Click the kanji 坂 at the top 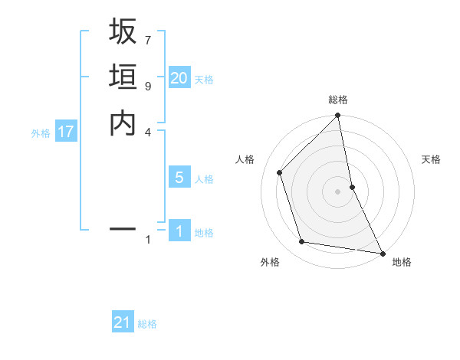coord(123,32)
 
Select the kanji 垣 coord(123,77)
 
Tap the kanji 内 coord(123,123)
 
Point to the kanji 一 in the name coord(123,228)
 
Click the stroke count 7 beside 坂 coord(148,40)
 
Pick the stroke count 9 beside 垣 coord(148,86)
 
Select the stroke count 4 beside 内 coord(148,132)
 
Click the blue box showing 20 coord(179,77)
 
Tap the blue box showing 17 coord(66,132)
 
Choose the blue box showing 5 coord(179,178)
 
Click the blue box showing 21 coord(123,322)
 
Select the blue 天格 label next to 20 coord(204,79)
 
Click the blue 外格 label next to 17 coord(41,133)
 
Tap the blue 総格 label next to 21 coord(147,324)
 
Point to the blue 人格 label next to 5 coord(204,179)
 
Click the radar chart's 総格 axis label coord(338,100)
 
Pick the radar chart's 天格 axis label coord(431,159)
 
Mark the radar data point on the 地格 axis coord(382,253)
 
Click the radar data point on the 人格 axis coord(280,172)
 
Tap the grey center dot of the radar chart coord(338,191)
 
